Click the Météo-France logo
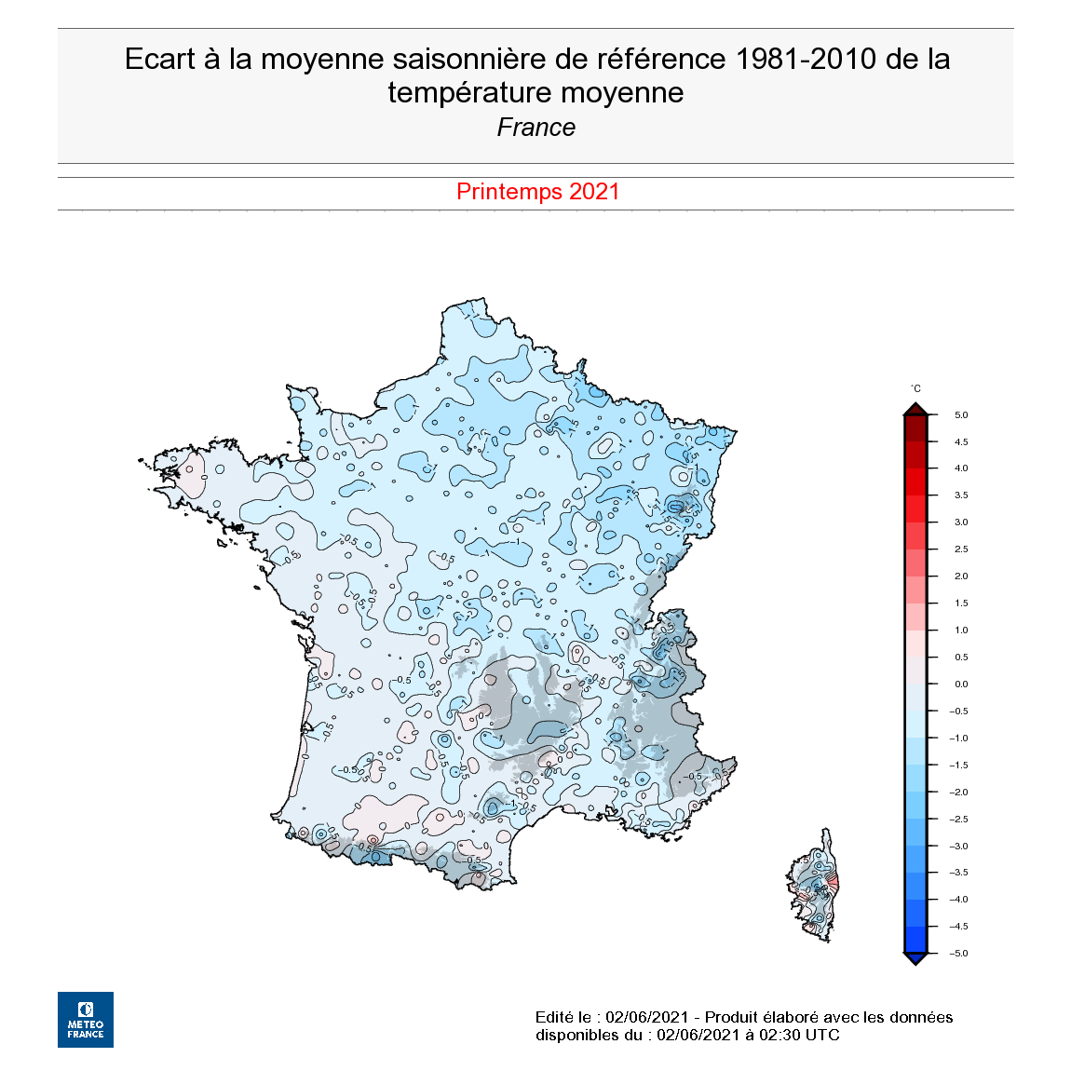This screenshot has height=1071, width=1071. pyautogui.click(x=86, y=1019)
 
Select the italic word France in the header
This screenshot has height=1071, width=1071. pyautogui.click(x=536, y=128)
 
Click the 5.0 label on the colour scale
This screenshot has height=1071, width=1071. pyautogui.click(x=961, y=415)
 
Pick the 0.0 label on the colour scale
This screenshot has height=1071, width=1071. pyautogui.click(x=961, y=685)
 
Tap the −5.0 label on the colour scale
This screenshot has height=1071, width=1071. pyautogui.click(x=958, y=954)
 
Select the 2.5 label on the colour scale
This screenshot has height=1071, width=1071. pyautogui.click(x=961, y=549)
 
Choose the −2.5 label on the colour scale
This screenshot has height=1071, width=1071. pyautogui.click(x=958, y=820)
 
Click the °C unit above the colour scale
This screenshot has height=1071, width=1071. pyautogui.click(x=915, y=389)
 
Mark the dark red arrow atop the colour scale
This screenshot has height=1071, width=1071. pyautogui.click(x=915, y=409)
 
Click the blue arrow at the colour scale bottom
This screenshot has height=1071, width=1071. pyautogui.click(x=915, y=958)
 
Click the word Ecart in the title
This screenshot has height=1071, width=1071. pyautogui.click(x=160, y=60)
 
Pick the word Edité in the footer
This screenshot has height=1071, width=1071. pyautogui.click(x=555, y=1017)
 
